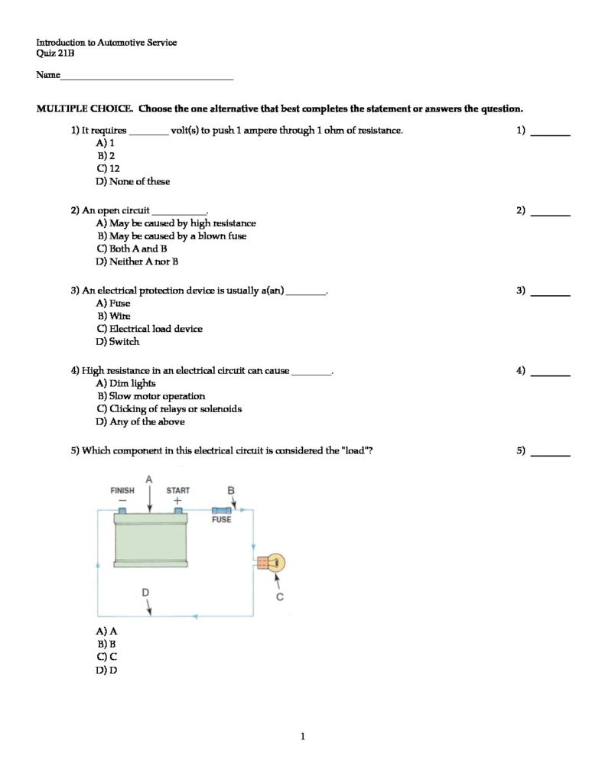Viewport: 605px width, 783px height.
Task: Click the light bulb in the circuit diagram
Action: tap(275, 564)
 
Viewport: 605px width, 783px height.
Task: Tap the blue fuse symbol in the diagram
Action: tap(221, 509)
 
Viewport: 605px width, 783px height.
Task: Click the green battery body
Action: tap(151, 539)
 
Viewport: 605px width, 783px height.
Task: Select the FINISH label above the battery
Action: tap(122, 491)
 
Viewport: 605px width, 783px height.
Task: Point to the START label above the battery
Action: tap(178, 491)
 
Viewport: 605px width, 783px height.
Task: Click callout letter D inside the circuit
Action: tap(146, 593)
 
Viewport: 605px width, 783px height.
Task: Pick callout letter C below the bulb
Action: tap(279, 597)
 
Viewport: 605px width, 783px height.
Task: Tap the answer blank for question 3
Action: tap(550, 294)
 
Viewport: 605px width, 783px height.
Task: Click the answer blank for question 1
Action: tap(550, 134)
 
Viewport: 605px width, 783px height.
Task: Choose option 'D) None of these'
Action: tap(133, 181)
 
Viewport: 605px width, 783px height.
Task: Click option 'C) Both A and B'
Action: tap(132, 249)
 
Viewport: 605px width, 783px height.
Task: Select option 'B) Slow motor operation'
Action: tap(151, 396)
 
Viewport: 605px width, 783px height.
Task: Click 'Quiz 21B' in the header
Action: tap(55, 54)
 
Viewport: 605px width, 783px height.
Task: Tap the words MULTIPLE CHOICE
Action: tap(85, 109)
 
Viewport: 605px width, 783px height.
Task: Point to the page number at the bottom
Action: tap(303, 736)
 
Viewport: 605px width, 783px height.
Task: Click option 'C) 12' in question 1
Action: tap(108, 168)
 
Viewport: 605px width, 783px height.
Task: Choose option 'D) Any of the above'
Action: tap(140, 421)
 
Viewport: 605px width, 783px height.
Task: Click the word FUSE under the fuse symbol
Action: tap(221, 520)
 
